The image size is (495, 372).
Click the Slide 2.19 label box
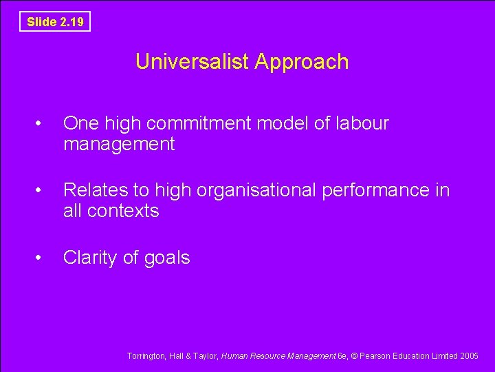point(55,22)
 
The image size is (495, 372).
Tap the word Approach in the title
point(302,62)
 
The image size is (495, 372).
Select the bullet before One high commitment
point(41,124)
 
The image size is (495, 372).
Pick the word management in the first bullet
point(119,145)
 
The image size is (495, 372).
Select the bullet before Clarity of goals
point(41,258)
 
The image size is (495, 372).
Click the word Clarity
point(90,258)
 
